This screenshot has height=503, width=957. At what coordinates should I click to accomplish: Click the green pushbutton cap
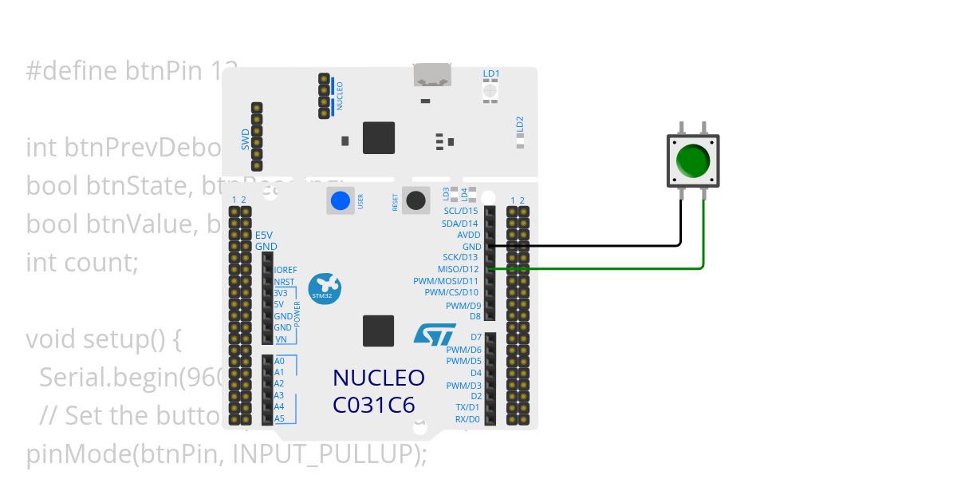point(692,160)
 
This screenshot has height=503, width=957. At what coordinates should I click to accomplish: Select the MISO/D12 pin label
point(459,269)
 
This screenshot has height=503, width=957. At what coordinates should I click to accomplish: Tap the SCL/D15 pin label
point(460,211)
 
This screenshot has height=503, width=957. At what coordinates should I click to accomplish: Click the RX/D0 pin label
point(467,418)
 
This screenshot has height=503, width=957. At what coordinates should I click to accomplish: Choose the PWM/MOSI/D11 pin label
point(446,281)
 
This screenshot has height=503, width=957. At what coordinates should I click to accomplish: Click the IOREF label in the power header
point(286,271)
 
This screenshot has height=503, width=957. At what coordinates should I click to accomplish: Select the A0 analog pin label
point(279,361)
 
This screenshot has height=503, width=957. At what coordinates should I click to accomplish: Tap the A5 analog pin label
point(279,418)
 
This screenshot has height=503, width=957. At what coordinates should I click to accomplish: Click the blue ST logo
point(435,333)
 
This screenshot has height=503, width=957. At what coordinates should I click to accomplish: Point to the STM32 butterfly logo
point(324,287)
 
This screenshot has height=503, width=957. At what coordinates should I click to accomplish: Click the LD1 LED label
point(491,74)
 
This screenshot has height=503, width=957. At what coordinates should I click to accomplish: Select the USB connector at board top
point(431,74)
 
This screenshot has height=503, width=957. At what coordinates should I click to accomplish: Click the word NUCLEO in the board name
point(378,378)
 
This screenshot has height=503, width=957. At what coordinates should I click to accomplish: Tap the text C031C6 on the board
point(373,405)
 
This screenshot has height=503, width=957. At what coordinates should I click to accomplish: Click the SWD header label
point(246,140)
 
